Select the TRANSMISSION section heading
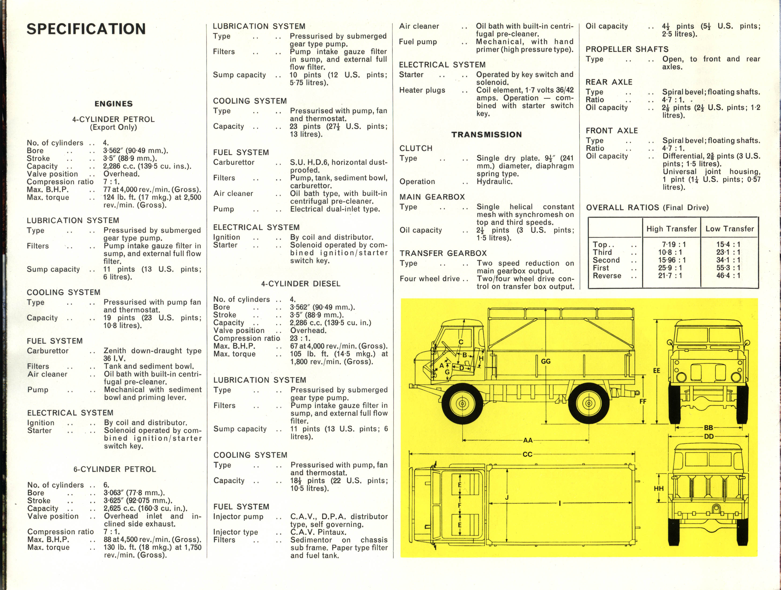pyautogui.click(x=486, y=134)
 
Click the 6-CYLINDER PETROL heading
pyautogui.click(x=115, y=469)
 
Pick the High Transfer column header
pyautogui.click(x=671, y=228)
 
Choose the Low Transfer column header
pyautogui.click(x=729, y=228)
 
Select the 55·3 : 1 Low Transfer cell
pyautogui.click(x=728, y=268)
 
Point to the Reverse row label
pyautogui.click(x=607, y=275)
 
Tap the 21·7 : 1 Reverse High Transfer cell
pyautogui.click(x=670, y=275)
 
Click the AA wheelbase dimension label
pyautogui.click(x=528, y=440)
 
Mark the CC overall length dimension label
pyautogui.click(x=527, y=454)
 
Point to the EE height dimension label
pyautogui.click(x=656, y=371)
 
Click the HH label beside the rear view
pyautogui.click(x=659, y=489)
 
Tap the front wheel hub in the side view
pyautogui.click(x=462, y=403)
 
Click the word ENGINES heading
pyautogui.click(x=114, y=104)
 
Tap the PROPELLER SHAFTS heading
pyautogui.click(x=627, y=49)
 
